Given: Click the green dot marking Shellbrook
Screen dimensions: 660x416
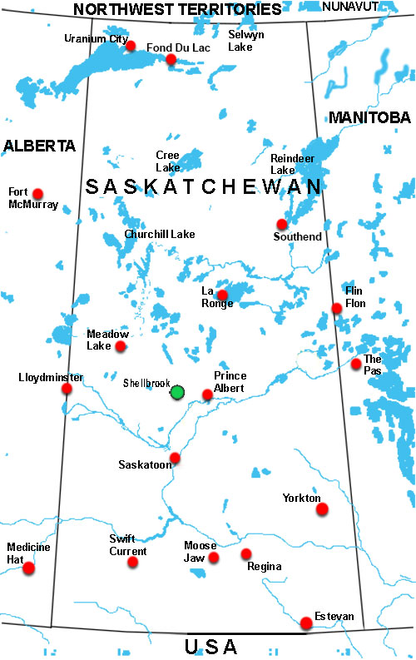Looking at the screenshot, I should pyautogui.click(x=177, y=391).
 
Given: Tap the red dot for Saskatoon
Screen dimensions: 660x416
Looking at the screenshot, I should pyautogui.click(x=175, y=458).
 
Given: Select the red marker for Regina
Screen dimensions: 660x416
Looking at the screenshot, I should pyautogui.click(x=245, y=553).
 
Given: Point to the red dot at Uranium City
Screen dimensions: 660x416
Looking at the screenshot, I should pyautogui.click(x=130, y=46).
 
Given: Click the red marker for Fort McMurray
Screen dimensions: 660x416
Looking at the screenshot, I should pyautogui.click(x=37, y=194).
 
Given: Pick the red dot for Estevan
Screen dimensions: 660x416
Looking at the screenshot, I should pyautogui.click(x=306, y=623).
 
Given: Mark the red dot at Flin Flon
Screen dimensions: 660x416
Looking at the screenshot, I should pyautogui.click(x=336, y=308).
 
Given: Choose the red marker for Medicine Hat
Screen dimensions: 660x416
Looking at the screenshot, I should pyautogui.click(x=29, y=568).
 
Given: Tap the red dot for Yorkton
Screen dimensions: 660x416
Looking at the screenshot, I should pyautogui.click(x=322, y=509).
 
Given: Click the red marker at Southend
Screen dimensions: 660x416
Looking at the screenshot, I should pyautogui.click(x=282, y=224).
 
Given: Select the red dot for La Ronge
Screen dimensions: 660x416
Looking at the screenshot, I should pyautogui.click(x=222, y=295).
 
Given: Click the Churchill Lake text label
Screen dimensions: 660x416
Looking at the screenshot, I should pyautogui.click(x=159, y=235).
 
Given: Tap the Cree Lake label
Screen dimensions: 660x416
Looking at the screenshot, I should pyautogui.click(x=168, y=161).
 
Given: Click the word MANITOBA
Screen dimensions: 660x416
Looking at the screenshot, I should pyautogui.click(x=369, y=117).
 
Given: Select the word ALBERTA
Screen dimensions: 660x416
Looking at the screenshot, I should pyautogui.click(x=39, y=146).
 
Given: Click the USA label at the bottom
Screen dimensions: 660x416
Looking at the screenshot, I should pyautogui.click(x=210, y=647).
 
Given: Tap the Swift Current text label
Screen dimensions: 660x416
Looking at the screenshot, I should pyautogui.click(x=128, y=545).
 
